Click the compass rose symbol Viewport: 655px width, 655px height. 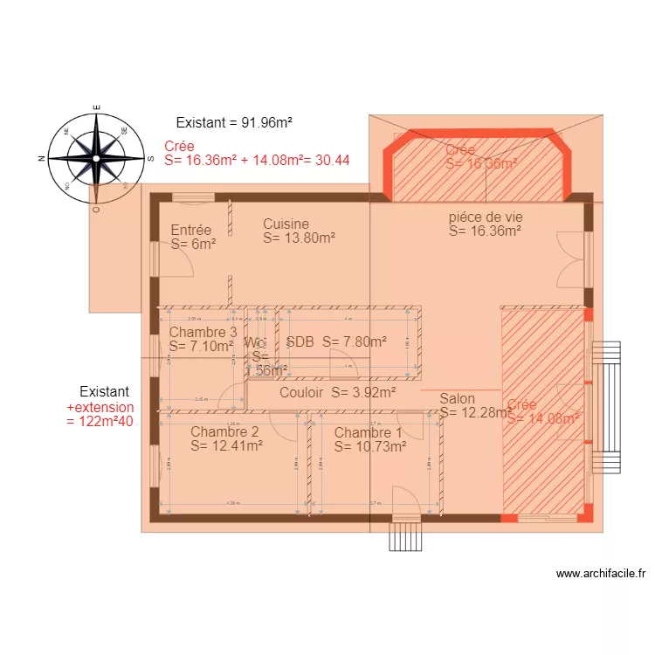point(95,158)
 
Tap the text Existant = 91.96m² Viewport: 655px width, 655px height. point(233,123)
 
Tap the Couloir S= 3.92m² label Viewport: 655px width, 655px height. point(337,393)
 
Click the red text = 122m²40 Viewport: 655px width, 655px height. point(100,421)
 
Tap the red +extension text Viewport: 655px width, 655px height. point(100,407)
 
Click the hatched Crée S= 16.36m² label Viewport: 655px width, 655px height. point(480,156)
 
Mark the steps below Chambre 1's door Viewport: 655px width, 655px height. point(405,536)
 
